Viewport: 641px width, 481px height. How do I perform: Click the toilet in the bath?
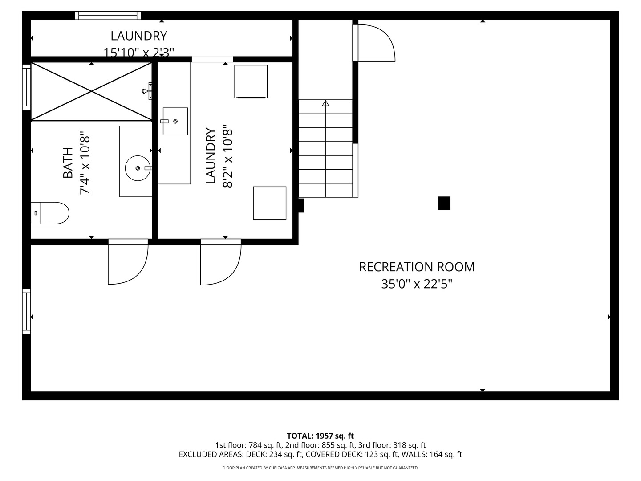50,213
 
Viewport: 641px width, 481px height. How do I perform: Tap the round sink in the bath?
138,168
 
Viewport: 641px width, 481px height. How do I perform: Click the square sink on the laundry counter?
175,121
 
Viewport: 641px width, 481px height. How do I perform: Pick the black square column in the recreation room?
444,203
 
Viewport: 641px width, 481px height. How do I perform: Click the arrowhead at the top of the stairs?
325,103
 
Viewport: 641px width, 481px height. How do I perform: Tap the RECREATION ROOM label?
417,267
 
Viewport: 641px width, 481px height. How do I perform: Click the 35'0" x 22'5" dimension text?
417,284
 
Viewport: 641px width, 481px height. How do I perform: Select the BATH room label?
68,163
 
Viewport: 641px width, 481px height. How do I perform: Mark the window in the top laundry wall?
108,16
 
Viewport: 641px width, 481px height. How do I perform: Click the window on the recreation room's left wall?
26,311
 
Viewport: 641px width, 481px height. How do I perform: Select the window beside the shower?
26,87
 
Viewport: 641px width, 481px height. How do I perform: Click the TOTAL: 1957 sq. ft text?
320,436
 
